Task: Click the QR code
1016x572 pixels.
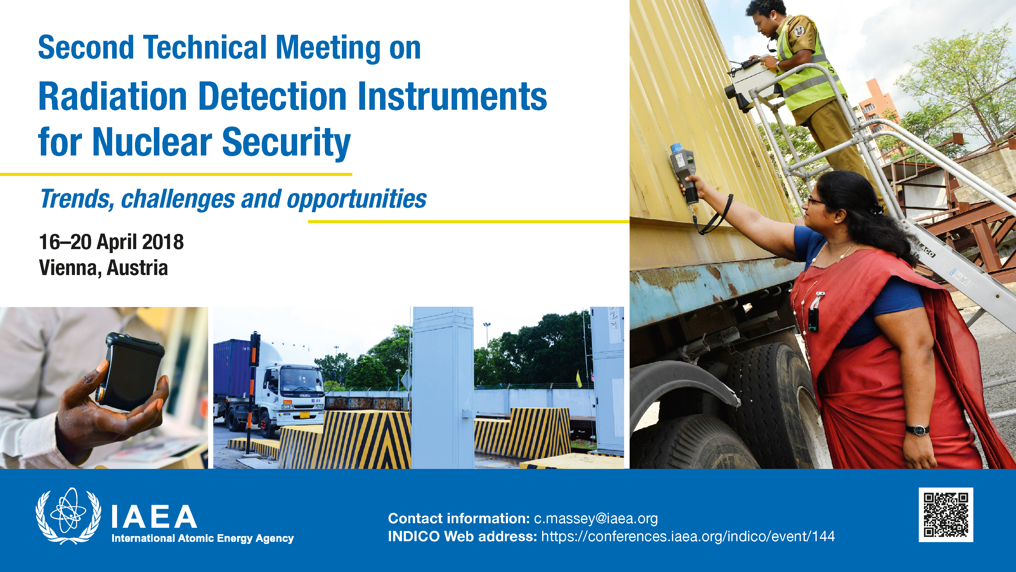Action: (946, 514)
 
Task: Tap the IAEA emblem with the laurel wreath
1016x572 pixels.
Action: (68, 516)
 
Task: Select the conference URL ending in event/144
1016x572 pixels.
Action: (688, 536)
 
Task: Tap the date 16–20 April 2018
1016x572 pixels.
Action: (111, 242)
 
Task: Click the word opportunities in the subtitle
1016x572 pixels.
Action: (357, 199)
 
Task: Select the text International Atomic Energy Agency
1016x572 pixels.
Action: (203, 538)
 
